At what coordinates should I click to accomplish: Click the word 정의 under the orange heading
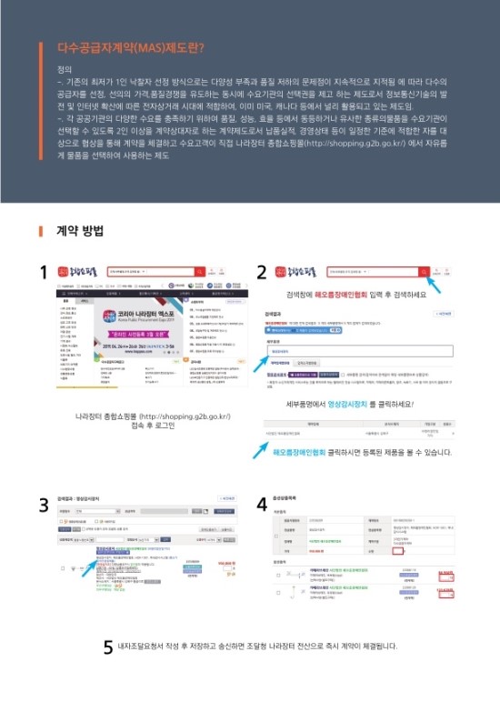(x=63, y=69)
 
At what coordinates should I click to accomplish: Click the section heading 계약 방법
(x=80, y=230)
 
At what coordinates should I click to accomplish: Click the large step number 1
(x=43, y=272)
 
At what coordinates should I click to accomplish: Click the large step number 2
(x=262, y=272)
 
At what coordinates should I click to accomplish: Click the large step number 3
(x=43, y=504)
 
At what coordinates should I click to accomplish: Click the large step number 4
(x=262, y=504)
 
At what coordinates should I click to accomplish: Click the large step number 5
(x=107, y=647)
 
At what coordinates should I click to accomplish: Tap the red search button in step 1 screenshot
(x=205, y=271)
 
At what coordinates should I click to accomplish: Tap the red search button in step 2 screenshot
(x=424, y=271)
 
